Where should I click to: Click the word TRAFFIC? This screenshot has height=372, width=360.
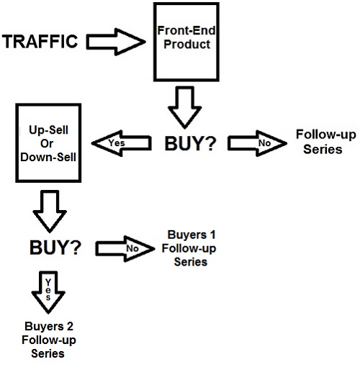pyautogui.click(x=40, y=42)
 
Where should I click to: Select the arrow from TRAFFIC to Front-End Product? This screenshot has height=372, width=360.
pyautogui.click(x=116, y=42)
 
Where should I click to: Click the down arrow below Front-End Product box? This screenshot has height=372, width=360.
pyautogui.click(x=184, y=107)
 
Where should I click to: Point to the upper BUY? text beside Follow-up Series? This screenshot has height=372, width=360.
pyautogui.click(x=190, y=144)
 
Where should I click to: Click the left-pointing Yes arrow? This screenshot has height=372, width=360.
pyautogui.click(x=122, y=143)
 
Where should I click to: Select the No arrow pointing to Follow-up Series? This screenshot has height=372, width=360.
pyautogui.click(x=257, y=143)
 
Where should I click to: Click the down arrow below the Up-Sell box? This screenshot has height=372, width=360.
pyautogui.click(x=50, y=212)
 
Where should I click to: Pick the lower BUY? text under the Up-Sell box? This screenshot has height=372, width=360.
pyautogui.click(x=55, y=248)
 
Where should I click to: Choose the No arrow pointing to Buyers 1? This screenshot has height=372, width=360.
pyautogui.click(x=125, y=249)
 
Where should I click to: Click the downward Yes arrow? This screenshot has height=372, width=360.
pyautogui.click(x=48, y=292)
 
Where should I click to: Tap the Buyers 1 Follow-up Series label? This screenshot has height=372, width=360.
pyautogui.click(x=189, y=248)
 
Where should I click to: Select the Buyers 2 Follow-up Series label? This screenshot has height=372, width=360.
pyautogui.click(x=49, y=340)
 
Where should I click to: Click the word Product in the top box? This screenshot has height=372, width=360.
pyautogui.click(x=187, y=45)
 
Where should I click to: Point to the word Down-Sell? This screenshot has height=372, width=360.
pyautogui.click(x=48, y=158)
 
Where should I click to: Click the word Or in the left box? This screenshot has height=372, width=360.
pyautogui.click(x=47, y=144)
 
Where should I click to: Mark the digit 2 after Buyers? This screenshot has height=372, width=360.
pyautogui.click(x=70, y=327)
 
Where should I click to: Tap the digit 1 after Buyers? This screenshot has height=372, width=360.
pyautogui.click(x=212, y=235)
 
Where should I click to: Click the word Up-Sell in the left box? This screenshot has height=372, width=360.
pyautogui.click(x=48, y=130)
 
